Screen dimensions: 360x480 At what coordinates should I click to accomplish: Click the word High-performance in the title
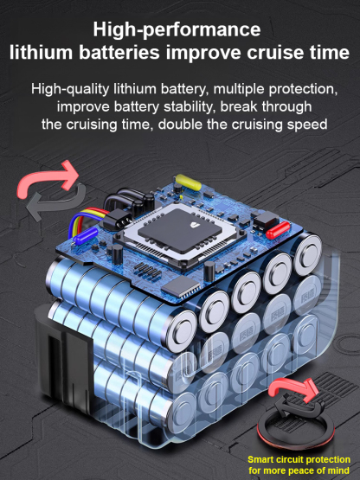(177, 30)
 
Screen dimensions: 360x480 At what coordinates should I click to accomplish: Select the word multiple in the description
(238, 89)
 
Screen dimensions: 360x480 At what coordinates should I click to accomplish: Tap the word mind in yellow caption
(339, 470)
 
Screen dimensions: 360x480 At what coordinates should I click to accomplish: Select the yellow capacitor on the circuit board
(189, 182)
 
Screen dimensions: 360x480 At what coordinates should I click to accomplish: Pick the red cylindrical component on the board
(278, 230)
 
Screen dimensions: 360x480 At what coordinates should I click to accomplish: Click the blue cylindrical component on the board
(85, 237)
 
